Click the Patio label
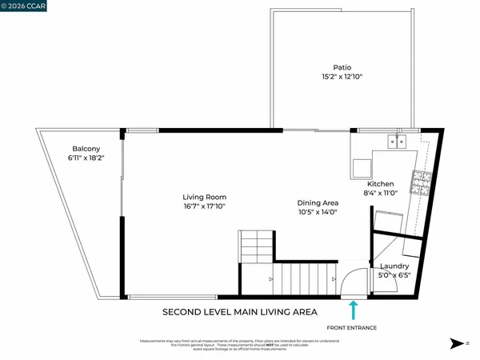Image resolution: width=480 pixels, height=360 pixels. [343, 68]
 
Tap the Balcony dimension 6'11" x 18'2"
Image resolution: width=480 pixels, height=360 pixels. [86, 158]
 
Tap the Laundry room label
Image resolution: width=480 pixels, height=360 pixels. [395, 266]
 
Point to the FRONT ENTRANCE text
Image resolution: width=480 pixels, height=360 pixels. [350, 328]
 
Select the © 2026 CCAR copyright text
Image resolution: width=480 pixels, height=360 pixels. [25, 6]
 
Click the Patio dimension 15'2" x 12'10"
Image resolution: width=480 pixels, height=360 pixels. [343, 78]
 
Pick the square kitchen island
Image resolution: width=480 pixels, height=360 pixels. [361, 167]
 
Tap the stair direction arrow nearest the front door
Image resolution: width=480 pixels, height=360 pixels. [334, 279]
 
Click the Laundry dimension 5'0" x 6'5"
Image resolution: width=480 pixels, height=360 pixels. [395, 276]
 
